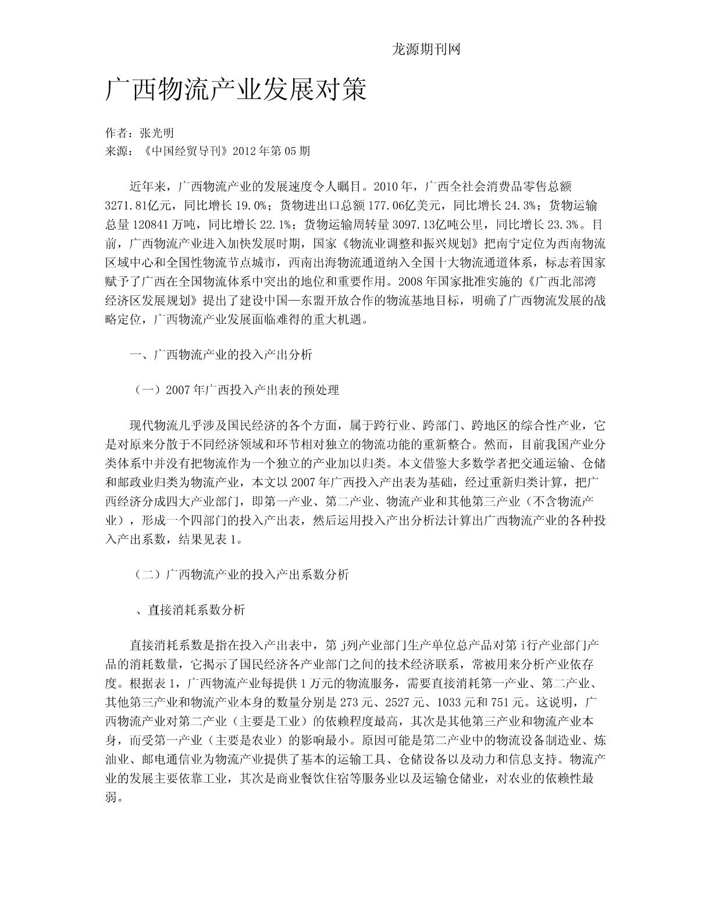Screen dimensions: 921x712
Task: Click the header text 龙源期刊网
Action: tap(426, 50)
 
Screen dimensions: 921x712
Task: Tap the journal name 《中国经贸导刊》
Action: tap(184, 151)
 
